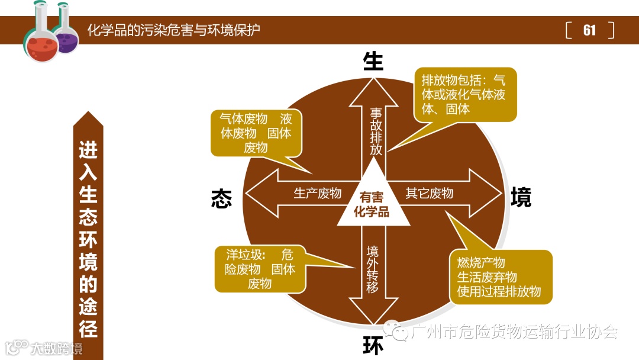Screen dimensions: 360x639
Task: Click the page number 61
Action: [x=589, y=30]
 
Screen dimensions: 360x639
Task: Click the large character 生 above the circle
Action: [x=373, y=61]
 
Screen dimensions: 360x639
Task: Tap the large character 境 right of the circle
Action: [x=521, y=197]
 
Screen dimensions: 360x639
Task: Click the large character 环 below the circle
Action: [x=373, y=346]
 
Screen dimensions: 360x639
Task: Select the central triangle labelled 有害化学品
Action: [x=373, y=204]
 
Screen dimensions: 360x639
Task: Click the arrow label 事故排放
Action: [x=376, y=131]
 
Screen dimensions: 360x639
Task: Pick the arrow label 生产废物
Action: [x=318, y=194]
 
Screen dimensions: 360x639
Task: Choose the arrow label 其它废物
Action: [x=430, y=194]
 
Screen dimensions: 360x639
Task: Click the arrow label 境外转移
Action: [x=372, y=269]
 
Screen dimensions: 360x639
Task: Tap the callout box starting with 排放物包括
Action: [x=464, y=95]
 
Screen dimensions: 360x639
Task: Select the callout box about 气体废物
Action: [x=256, y=133]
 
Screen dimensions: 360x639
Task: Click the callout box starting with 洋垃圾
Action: [x=260, y=269]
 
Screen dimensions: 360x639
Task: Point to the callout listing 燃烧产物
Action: [x=500, y=277]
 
